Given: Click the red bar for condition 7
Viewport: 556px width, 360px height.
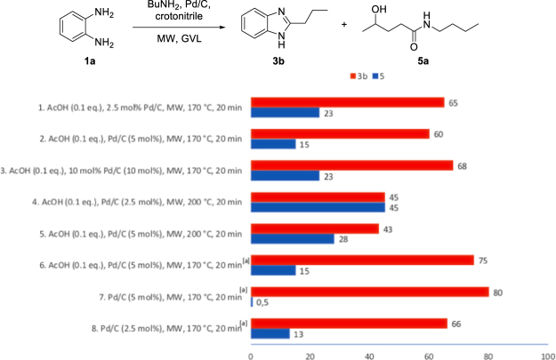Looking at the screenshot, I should click(x=369, y=292).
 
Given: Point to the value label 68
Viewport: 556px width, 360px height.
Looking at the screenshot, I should click(x=463, y=164).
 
